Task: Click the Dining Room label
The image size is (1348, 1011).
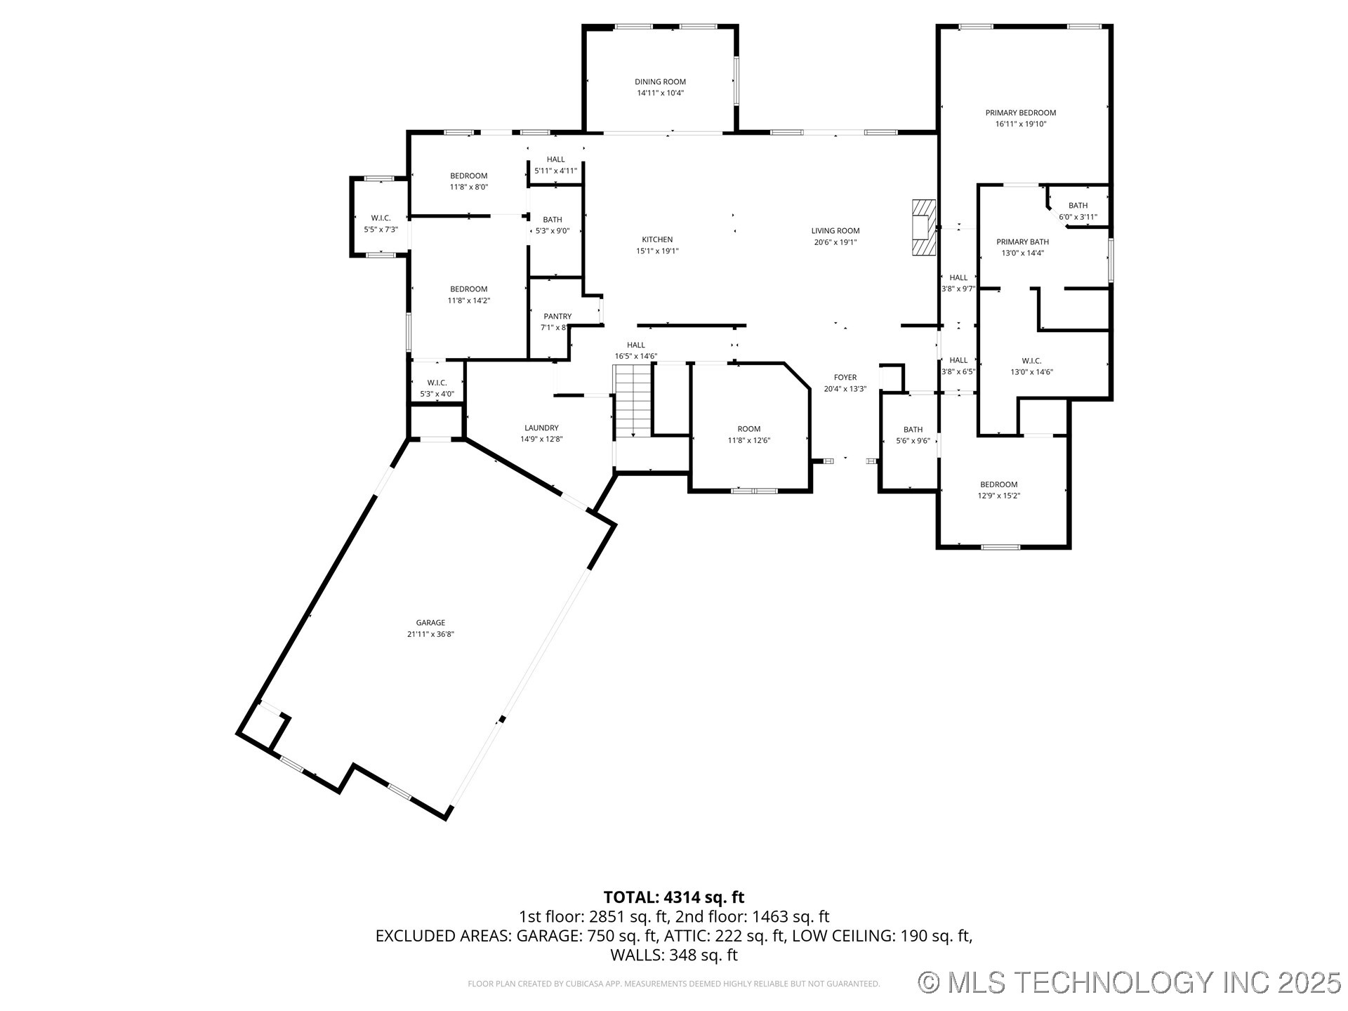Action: click(660, 82)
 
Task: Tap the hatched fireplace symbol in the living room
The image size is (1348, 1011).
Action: click(923, 228)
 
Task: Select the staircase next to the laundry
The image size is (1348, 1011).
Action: click(633, 402)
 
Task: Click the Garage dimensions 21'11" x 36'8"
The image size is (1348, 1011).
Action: click(430, 634)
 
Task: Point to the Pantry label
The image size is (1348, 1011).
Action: click(557, 317)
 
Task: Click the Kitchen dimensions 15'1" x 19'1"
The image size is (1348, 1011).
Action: click(657, 251)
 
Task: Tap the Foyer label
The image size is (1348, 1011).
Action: click(845, 378)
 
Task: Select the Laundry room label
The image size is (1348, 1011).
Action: click(541, 428)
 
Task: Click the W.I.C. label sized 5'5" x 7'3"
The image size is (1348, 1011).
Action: click(381, 218)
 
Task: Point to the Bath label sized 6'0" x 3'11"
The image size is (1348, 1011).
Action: click(1078, 206)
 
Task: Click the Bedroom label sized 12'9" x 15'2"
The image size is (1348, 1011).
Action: click(998, 484)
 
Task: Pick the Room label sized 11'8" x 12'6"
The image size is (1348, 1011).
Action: click(748, 429)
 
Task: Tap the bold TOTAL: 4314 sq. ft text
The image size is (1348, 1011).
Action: click(673, 897)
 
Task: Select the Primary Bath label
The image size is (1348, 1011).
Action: click(1022, 242)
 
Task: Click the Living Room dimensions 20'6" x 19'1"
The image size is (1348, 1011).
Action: click(835, 242)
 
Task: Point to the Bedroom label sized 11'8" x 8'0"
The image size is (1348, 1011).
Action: click(468, 176)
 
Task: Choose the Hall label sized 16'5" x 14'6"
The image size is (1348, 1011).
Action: click(635, 345)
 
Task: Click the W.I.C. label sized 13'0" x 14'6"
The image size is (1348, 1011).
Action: click(1031, 361)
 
